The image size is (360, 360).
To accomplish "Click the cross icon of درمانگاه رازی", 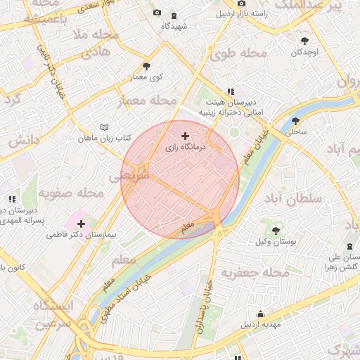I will pos(185,136).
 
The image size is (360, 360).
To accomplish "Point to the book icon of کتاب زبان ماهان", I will pos(105,127).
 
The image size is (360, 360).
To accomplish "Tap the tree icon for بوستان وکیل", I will pos(275,230).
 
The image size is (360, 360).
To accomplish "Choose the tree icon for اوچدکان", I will pos(304,41).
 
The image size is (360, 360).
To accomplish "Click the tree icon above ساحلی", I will pos(294,120).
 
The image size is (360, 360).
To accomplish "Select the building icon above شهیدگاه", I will pos(174,15).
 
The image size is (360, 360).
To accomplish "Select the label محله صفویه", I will pos(66,192).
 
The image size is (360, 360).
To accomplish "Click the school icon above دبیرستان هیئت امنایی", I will pos(230,91).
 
